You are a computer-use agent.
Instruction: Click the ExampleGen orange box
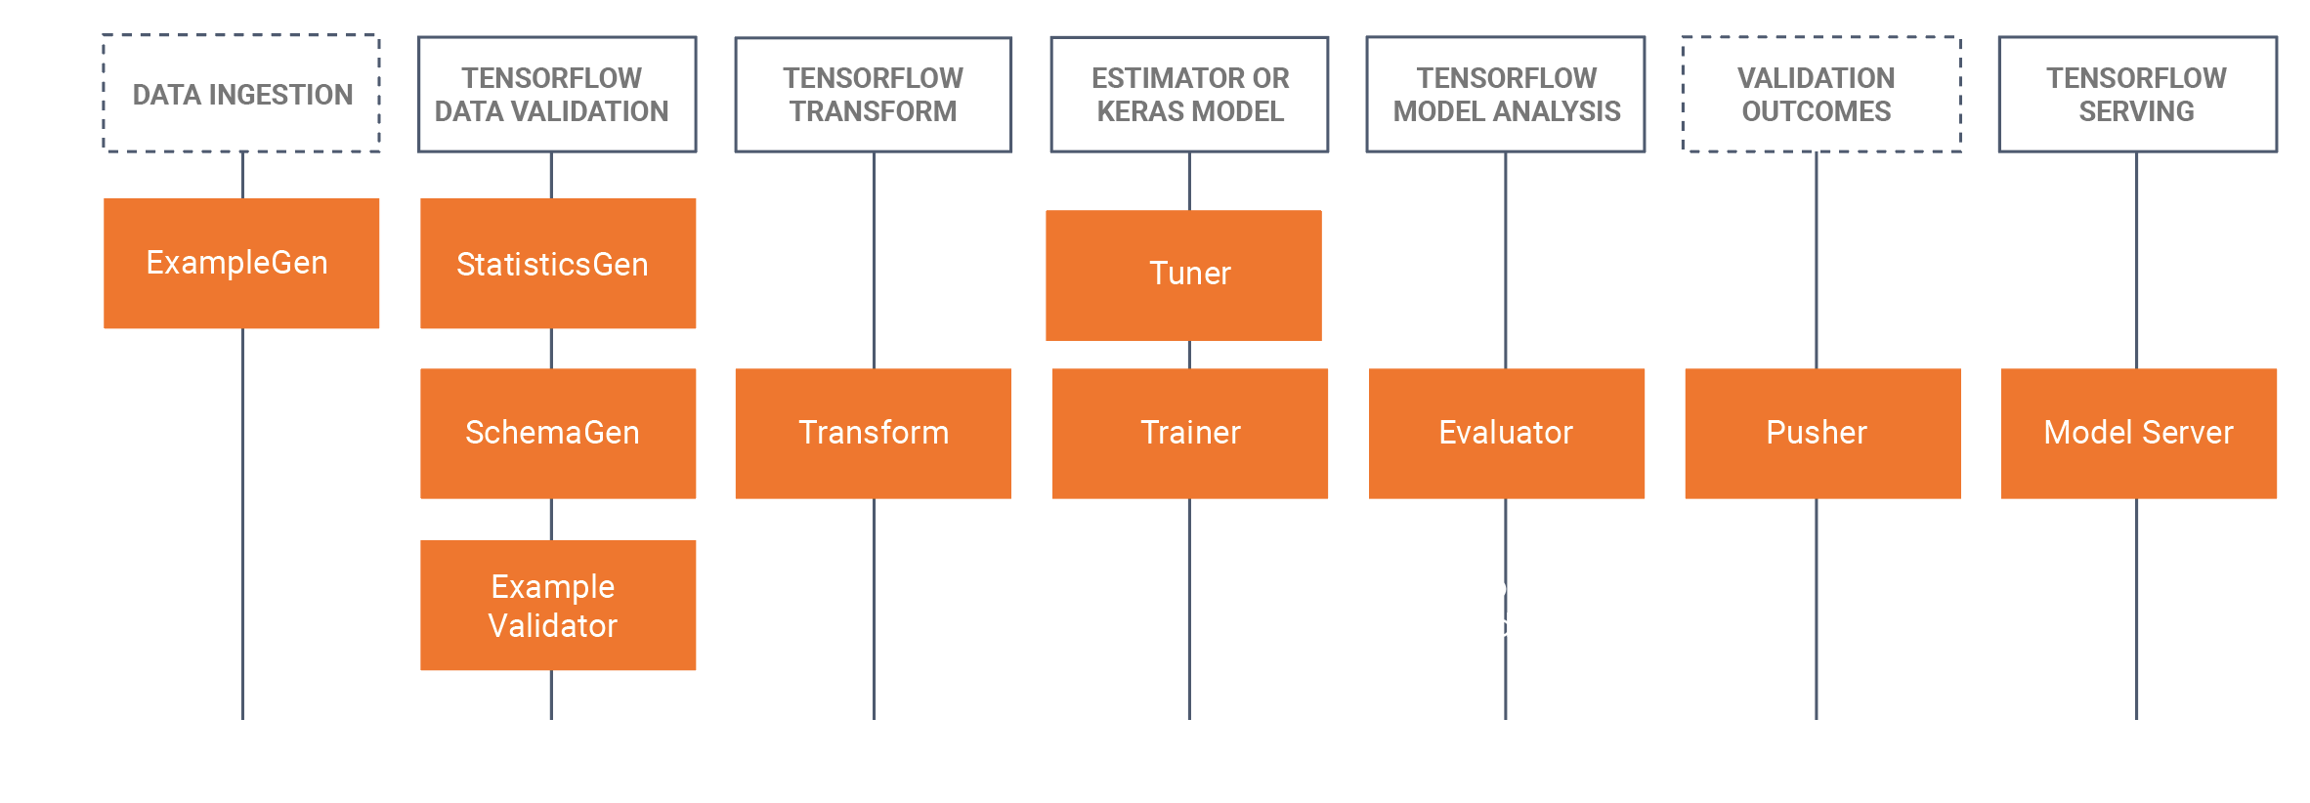241,263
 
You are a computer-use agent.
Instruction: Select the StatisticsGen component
558,263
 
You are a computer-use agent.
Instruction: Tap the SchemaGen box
558,433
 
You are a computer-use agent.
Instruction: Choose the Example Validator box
558,605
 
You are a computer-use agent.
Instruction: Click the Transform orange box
874,433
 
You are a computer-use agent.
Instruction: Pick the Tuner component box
1183,275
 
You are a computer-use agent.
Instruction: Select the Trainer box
1190,433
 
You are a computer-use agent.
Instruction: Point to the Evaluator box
1506,433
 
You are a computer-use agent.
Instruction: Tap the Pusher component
1822,433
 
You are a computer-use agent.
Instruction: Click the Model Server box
2138,433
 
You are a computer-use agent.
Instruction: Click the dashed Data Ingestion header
241,94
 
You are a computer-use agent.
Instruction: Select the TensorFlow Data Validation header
557,94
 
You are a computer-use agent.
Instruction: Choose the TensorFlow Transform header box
874,94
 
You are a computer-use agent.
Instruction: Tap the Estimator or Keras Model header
1189,94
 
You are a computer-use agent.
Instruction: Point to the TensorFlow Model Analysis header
1506,94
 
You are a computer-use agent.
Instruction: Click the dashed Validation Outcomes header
1821,94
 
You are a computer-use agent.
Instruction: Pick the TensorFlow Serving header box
2138,94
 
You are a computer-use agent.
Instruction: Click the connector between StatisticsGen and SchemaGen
552,349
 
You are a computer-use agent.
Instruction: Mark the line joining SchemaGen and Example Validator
552,520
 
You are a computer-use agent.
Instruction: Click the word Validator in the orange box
553,626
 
